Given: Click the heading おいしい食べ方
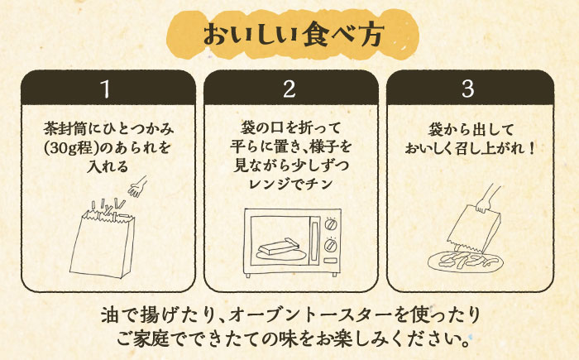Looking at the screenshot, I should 289,35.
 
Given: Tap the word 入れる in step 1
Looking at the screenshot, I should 104,167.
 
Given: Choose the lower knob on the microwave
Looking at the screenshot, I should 331,245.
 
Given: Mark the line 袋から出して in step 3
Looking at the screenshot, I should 472,130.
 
